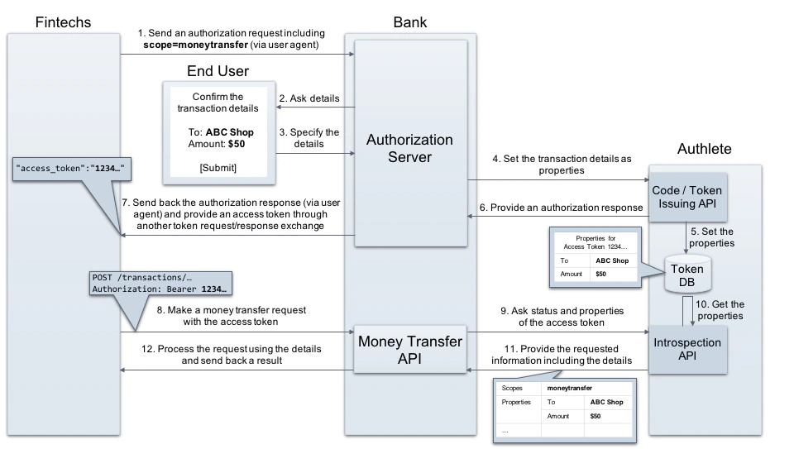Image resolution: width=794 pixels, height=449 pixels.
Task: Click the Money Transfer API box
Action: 409,348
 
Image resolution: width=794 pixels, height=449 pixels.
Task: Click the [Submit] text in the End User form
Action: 219,168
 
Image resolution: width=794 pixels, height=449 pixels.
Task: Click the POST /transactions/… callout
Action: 157,283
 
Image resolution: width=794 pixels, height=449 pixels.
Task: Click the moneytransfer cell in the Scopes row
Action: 569,387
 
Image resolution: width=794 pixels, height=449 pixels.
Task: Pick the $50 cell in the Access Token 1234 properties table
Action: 601,273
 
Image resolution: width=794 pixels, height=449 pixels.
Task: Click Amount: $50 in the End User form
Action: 217,143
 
